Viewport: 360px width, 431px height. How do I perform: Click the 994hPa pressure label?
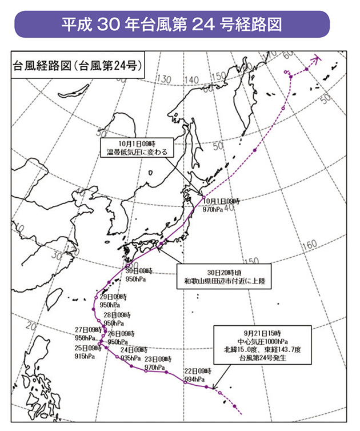(195, 380)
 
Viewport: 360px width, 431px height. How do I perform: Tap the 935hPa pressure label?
(133, 357)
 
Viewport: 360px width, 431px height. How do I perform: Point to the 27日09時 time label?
(87, 330)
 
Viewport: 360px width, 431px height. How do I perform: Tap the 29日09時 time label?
(111, 297)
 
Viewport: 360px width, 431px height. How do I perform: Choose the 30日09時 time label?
(138, 270)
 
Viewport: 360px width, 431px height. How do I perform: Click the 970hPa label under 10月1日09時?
(214, 210)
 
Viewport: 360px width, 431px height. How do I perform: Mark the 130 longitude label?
(165, 79)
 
